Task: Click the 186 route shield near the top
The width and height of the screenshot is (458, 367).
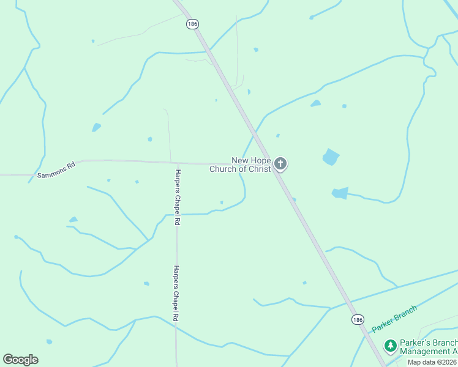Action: (x=193, y=24)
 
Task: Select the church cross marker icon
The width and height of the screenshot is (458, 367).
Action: (x=280, y=163)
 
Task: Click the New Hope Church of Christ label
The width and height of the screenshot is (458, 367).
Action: (x=241, y=165)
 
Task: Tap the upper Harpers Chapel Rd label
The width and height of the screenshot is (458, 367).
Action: (x=177, y=198)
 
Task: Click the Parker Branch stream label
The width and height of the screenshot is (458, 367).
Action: (x=394, y=318)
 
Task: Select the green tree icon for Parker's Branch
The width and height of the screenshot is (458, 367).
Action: (x=390, y=346)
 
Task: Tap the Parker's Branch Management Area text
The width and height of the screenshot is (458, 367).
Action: (x=427, y=347)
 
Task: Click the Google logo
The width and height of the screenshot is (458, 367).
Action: (x=20, y=359)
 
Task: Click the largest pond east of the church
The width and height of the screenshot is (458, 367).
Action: (x=331, y=157)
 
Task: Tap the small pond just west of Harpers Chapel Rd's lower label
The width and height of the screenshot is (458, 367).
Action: (x=146, y=283)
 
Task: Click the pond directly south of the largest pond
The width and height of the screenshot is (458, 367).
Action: (x=340, y=193)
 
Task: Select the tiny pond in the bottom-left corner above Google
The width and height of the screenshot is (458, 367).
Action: (x=49, y=341)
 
